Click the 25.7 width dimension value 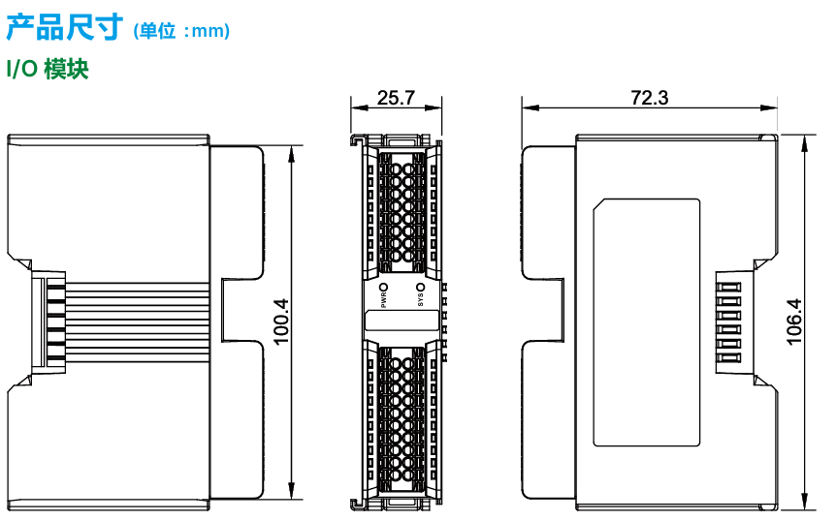pos(396,98)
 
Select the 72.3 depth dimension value pos(649,98)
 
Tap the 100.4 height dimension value pos(281,322)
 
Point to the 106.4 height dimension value pos(794,322)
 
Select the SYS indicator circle pos(420,288)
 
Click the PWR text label pos(384,300)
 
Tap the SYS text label pos(420,300)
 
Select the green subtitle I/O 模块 pos(48,69)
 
